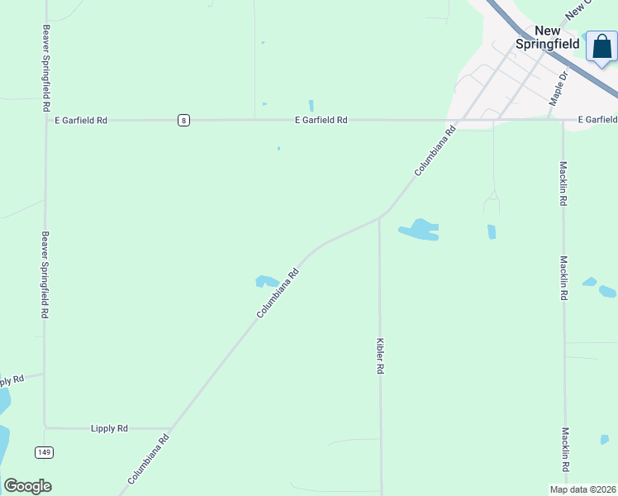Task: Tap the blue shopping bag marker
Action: [601, 46]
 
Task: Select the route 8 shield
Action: [183, 120]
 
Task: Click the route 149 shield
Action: [44, 452]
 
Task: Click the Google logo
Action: [27, 486]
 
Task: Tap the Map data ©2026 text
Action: [582, 489]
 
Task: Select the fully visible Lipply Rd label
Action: [109, 428]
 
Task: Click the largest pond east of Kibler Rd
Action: [421, 230]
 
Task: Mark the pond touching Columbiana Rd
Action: [266, 281]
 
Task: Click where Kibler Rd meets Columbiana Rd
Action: [379, 218]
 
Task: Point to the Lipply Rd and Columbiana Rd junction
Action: [170, 430]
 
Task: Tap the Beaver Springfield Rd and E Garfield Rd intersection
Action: [45, 120]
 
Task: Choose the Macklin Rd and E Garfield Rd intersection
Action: [563, 120]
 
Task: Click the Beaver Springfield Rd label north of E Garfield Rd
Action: [45, 68]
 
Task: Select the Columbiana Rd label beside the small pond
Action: [277, 293]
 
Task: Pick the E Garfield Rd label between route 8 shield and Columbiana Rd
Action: [321, 120]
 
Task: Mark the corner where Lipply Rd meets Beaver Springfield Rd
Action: [45, 427]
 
